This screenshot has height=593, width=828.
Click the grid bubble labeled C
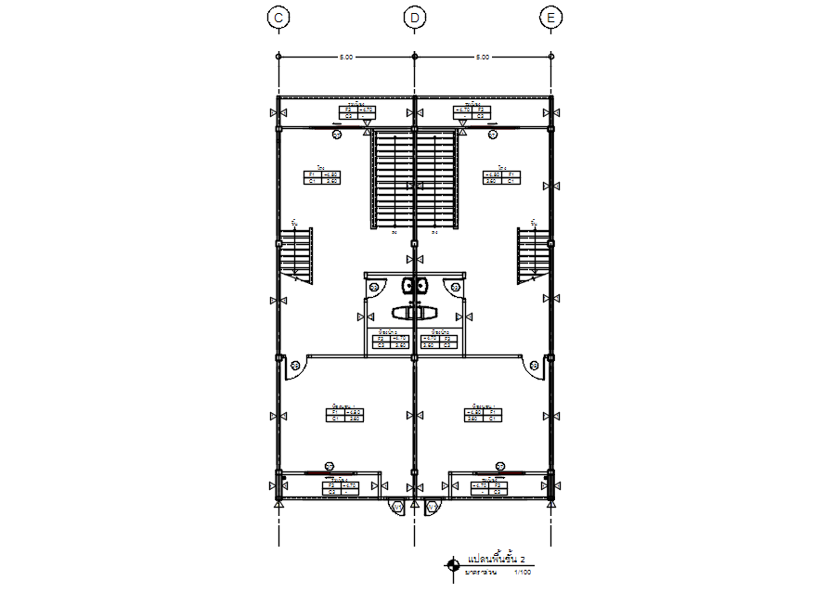[x=278, y=18]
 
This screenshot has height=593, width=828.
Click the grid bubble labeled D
[x=415, y=18]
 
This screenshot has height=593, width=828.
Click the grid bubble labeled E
[x=552, y=18]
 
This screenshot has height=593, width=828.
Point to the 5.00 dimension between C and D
[x=345, y=58]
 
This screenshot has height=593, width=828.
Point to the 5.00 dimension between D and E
[x=483, y=58]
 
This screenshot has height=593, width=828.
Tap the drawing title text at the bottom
[x=496, y=561]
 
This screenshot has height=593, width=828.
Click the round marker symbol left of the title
[x=452, y=564]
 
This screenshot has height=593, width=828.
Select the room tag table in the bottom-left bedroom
[x=344, y=416]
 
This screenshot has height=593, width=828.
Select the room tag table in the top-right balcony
[x=472, y=112]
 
